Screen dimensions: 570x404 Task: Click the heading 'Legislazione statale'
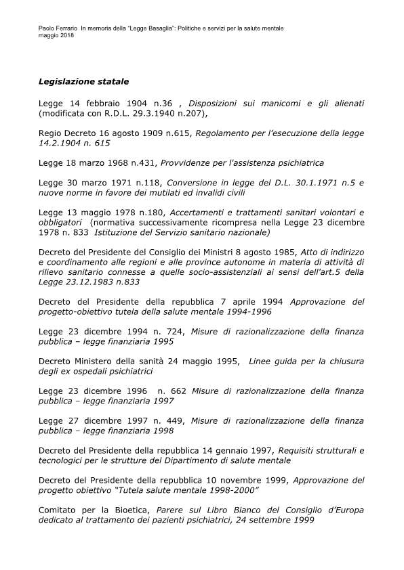click(83, 82)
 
